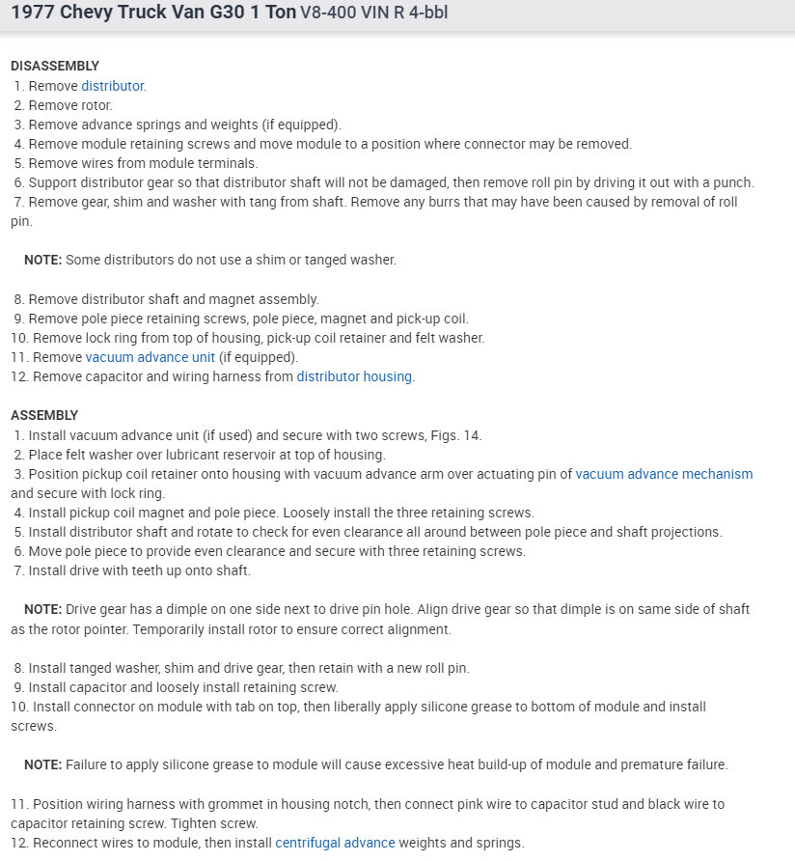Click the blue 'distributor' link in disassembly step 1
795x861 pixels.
(112, 86)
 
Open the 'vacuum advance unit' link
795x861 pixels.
(150, 357)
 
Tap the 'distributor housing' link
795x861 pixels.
(354, 376)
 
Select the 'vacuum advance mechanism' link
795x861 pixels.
(664, 474)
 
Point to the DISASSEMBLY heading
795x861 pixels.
(55, 67)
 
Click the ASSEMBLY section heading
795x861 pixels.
(44, 416)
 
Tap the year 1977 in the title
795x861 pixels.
(34, 14)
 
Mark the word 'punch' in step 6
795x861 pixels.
(732, 182)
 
